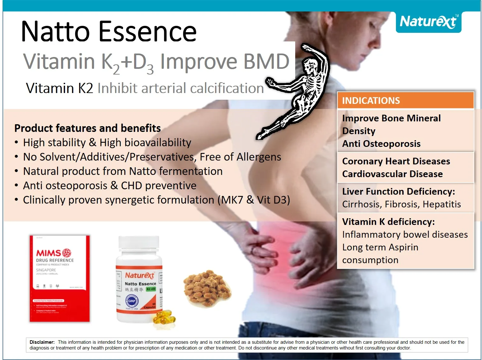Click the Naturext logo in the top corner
pyautogui.click(x=428, y=22)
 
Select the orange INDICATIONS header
pyautogui.click(x=405, y=101)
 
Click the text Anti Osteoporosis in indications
pyautogui.click(x=381, y=144)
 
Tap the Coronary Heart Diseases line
pyautogui.click(x=396, y=161)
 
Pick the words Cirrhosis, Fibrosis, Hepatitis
pyautogui.click(x=401, y=204)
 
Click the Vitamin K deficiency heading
pyautogui.click(x=388, y=222)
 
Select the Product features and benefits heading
pyautogui.click(x=88, y=128)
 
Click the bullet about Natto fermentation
pyautogui.click(x=123, y=171)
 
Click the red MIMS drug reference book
pyautogui.click(x=60, y=278)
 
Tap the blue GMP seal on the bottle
pyautogui.click(x=132, y=301)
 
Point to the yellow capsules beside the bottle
pyautogui.click(x=164, y=319)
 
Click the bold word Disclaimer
pyautogui.click(x=42, y=342)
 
